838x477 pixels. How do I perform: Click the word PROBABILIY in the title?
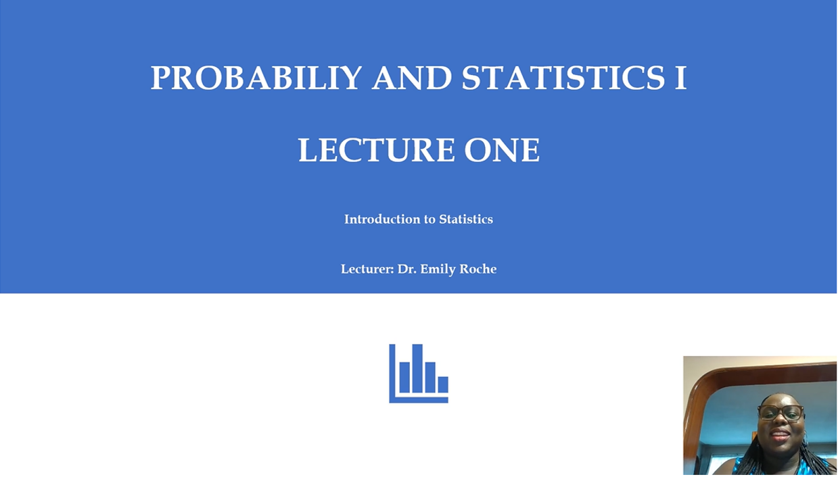(256, 78)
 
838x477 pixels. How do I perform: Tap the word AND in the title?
(412, 78)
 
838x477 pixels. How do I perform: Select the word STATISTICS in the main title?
(563, 78)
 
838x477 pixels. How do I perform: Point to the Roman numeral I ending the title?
(681, 78)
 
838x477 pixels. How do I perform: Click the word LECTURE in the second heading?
(376, 149)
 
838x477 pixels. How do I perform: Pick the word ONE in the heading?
(502, 149)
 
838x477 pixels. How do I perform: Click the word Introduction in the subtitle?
(382, 219)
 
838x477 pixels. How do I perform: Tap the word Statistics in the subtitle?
(466, 219)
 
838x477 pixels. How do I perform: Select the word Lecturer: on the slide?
(367, 269)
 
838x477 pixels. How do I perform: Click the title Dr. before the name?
(407, 269)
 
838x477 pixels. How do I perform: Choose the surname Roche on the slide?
(478, 269)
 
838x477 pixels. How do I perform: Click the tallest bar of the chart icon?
(417, 368)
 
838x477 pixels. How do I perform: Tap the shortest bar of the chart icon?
(443, 384)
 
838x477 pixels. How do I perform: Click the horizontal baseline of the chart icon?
(419, 400)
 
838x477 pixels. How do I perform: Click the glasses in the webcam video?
(781, 413)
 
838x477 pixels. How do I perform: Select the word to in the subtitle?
(429, 220)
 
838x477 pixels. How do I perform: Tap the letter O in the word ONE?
(477, 150)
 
